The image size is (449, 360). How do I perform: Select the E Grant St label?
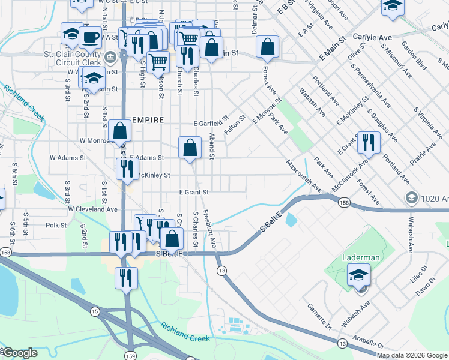(x=193, y=192)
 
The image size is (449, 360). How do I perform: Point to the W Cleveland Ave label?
(x=92, y=209)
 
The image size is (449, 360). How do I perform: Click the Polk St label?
(x=55, y=225)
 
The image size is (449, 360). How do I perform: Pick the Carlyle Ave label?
(x=372, y=37)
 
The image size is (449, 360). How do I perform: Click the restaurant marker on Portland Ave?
(x=368, y=143)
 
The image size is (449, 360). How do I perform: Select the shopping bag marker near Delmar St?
(x=267, y=46)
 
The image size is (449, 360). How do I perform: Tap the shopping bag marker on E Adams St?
(x=190, y=148)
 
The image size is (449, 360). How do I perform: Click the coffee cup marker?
(x=90, y=37)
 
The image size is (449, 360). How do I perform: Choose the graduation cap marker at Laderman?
(x=359, y=275)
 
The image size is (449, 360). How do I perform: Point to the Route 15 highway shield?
(x=95, y=311)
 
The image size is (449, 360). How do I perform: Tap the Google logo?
(x=19, y=353)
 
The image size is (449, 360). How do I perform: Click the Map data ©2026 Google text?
(x=412, y=355)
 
